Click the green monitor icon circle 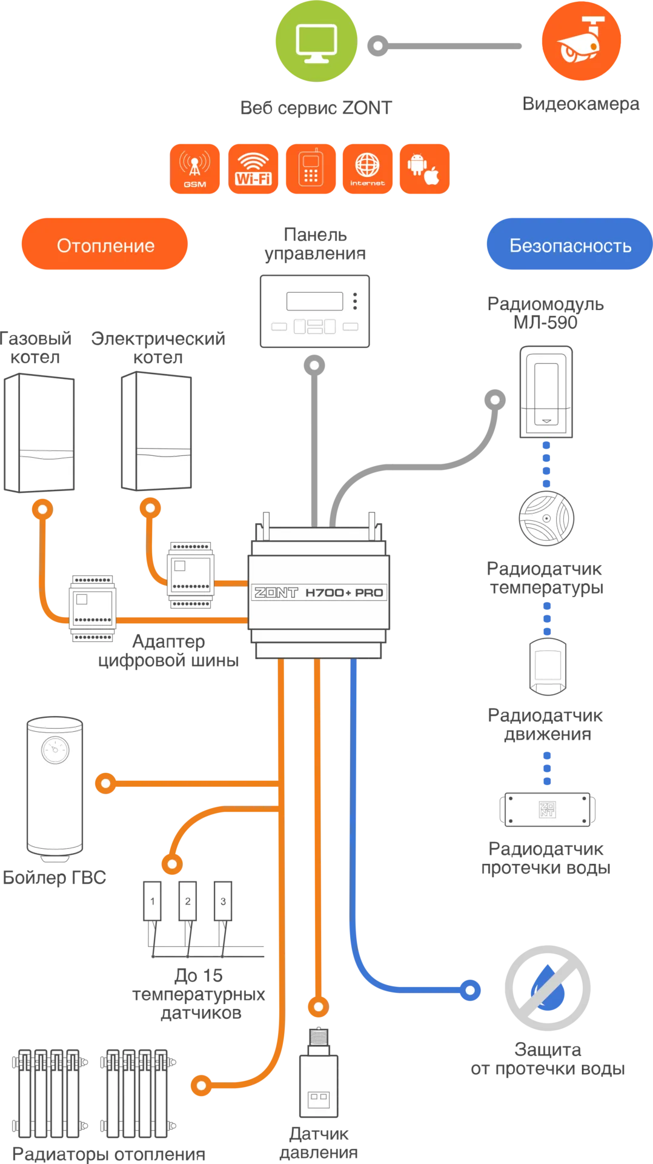click(317, 41)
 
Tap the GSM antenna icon click(195, 169)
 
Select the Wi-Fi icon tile click(253, 169)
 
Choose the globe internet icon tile click(367, 169)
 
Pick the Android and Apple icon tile click(424, 169)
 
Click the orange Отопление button click(104, 245)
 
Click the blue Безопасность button click(569, 245)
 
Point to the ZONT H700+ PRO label click(319, 592)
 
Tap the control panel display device click(315, 310)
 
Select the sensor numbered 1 click(153, 901)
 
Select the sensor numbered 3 click(223, 901)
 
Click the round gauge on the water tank click(55, 750)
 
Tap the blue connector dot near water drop click(470, 990)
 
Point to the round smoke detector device click(546, 518)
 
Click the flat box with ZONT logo click(548, 809)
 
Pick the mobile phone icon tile click(311, 169)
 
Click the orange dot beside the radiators click(201, 1085)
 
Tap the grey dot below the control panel click(314, 366)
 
